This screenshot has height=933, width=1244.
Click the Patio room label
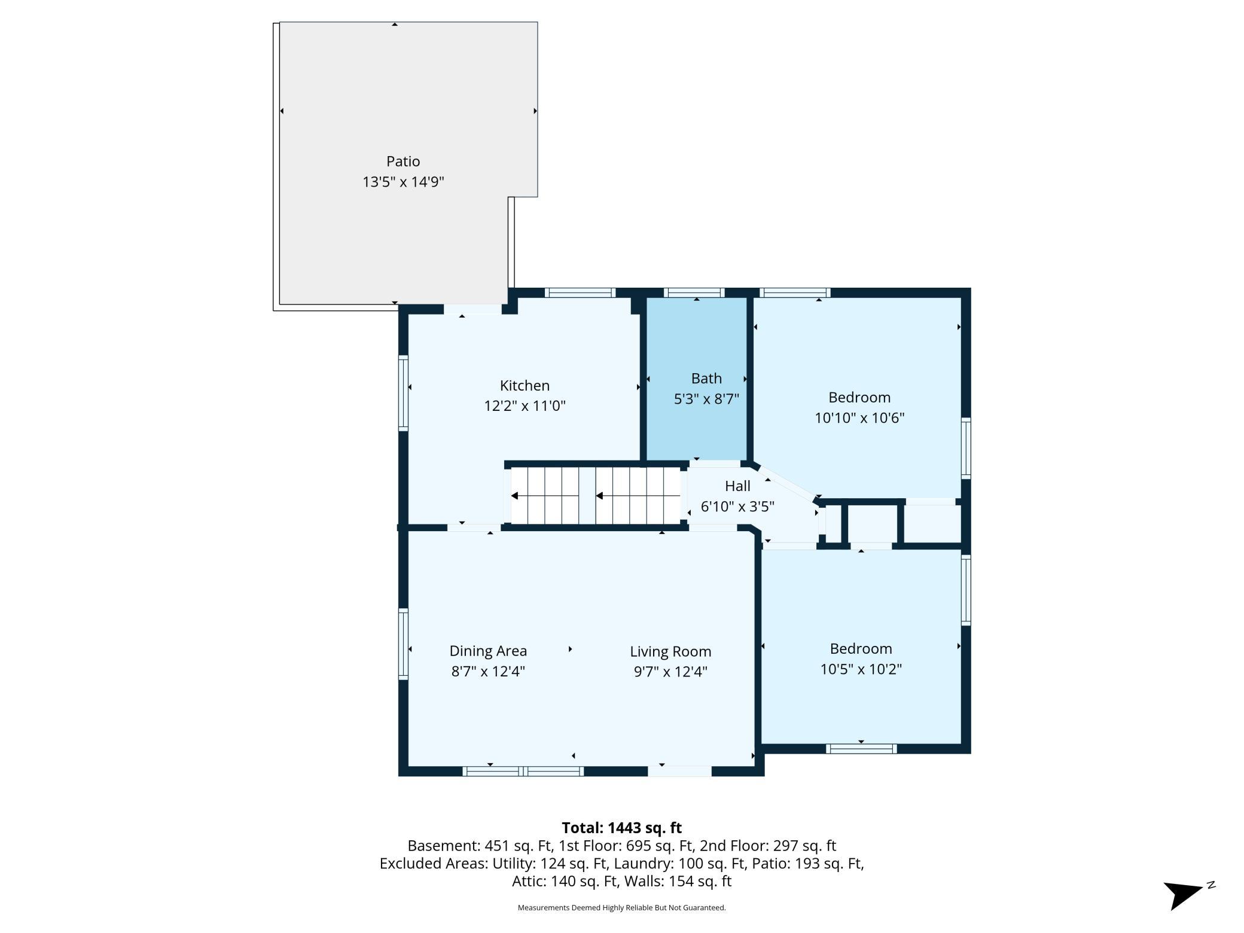click(403, 161)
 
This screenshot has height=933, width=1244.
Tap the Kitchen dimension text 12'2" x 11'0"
click(525, 406)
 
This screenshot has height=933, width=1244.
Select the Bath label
click(706, 378)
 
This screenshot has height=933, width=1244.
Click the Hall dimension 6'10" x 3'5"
click(737, 507)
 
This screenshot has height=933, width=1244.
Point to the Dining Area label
click(488, 651)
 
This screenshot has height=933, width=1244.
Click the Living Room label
click(670, 651)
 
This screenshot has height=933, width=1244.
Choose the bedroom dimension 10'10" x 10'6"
click(859, 417)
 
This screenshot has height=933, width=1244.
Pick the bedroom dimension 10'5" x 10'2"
click(861, 669)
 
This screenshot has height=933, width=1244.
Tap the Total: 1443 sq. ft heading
click(621, 828)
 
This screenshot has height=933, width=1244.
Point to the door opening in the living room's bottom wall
click(679, 772)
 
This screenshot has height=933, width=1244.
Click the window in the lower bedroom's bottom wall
click(861, 748)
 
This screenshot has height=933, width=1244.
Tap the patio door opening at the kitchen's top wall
click(472, 309)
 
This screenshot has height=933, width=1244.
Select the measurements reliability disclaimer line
click(621, 908)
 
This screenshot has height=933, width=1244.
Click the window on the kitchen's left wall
click(403, 393)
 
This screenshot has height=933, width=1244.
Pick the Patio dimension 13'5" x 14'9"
click(403, 182)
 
